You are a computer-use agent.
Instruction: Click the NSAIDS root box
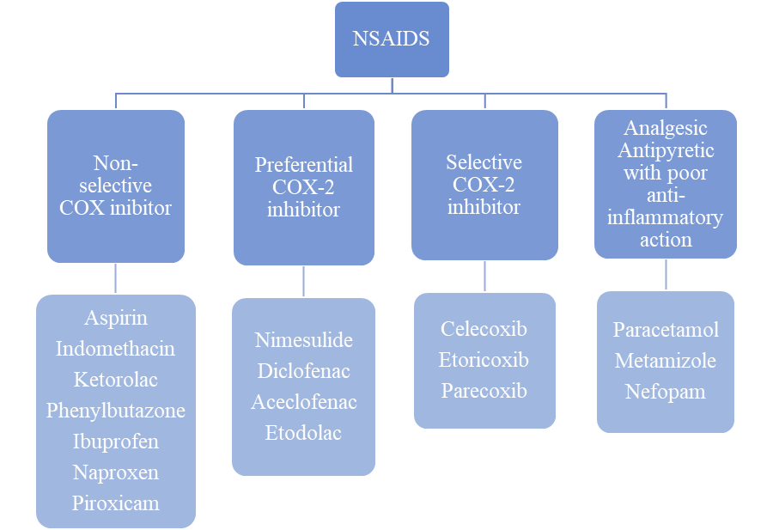tap(392, 39)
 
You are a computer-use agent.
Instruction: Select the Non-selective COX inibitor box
tap(116, 186)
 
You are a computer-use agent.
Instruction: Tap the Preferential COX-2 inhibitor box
tap(303, 186)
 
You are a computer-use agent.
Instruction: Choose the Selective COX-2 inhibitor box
tap(484, 185)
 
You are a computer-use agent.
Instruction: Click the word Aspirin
tap(116, 318)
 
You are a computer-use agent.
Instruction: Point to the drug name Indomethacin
tap(116, 349)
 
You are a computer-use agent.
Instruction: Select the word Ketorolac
tap(116, 380)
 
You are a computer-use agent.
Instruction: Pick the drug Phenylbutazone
tap(116, 411)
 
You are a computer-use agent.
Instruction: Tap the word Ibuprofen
tap(116, 442)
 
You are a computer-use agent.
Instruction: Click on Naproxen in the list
tap(116, 472)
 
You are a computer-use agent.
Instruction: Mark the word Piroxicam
tap(116, 503)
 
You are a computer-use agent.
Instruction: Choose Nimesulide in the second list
tap(303, 340)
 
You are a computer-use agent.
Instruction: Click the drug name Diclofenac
tap(303, 371)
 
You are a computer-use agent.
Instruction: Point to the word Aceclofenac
tap(303, 402)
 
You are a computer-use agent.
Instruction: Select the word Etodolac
tap(303, 433)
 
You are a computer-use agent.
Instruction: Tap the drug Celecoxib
tap(484, 329)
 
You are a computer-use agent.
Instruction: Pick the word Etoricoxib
tap(484, 360)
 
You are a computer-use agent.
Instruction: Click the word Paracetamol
tap(666, 330)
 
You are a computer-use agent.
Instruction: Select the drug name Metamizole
tap(666, 361)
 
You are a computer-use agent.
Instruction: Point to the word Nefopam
tap(666, 392)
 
